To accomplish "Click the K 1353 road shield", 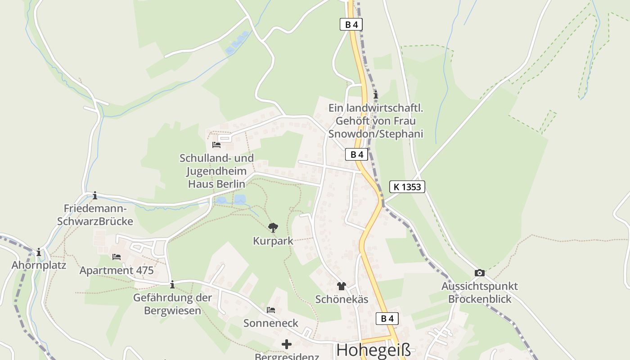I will coord(407,186).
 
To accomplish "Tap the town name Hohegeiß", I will coord(373,350).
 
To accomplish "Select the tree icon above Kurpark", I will coord(273,227).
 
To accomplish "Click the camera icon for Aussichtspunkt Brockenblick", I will coord(480,273).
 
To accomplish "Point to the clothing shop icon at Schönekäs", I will coord(342,286).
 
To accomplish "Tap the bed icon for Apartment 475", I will coord(117,257).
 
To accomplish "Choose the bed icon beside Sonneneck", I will coord(271,310).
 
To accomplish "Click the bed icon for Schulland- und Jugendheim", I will coord(216,144).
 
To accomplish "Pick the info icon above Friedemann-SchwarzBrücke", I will coord(94,195).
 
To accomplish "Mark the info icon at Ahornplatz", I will coord(39,252).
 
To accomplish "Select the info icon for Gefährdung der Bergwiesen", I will coord(172,284).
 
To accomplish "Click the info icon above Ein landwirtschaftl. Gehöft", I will coord(376,94).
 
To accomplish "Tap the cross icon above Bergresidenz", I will coord(286,344).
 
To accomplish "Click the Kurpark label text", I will coord(273,241).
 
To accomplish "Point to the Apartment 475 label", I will coord(117,270).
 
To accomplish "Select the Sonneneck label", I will coord(271,323).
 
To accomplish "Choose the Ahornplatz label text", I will coord(39,265).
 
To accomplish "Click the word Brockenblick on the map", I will coord(480,299).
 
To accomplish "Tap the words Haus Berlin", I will coord(216,184).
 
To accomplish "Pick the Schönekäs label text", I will coord(342,299).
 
